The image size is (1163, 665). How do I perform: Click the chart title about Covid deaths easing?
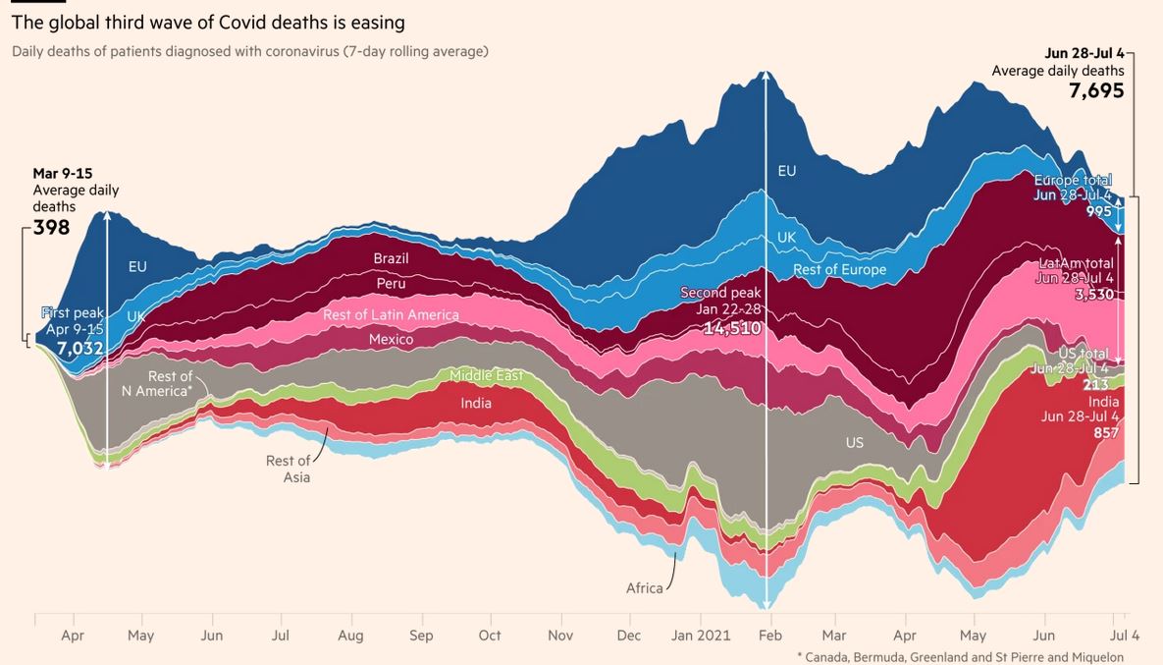[x=208, y=22]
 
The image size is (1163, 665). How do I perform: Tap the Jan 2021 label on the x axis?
[x=701, y=636]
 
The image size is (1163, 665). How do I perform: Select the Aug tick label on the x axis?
[x=350, y=636]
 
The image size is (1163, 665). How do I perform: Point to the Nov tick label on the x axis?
[x=560, y=636]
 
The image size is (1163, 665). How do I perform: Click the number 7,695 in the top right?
[x=1096, y=91]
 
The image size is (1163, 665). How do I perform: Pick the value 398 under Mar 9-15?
[x=51, y=228]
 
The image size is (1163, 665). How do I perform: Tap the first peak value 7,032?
[x=79, y=348]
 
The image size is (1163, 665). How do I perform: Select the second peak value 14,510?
[x=731, y=328]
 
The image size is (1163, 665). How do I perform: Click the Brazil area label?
[x=391, y=259]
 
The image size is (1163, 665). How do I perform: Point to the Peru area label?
[x=391, y=284]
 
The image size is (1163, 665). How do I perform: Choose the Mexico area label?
[x=391, y=340]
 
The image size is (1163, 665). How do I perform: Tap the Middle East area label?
[x=486, y=376]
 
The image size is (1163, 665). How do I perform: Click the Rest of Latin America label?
[x=391, y=315]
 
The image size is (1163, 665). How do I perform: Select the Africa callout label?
[x=644, y=588]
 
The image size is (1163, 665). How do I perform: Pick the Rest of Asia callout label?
[x=289, y=469]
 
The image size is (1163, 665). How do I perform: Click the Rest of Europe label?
[x=839, y=270]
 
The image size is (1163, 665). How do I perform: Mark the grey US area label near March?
[x=855, y=443]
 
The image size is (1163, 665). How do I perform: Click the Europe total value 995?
[x=1098, y=211]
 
